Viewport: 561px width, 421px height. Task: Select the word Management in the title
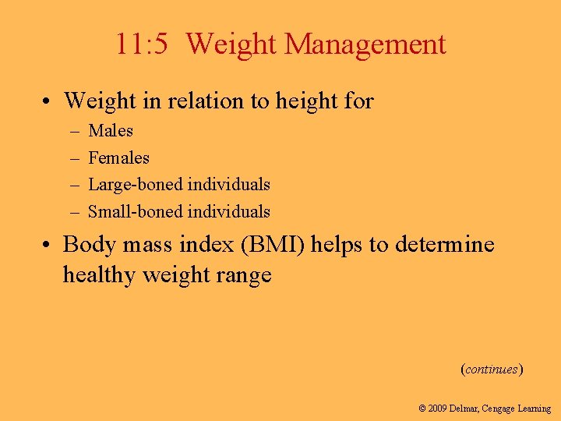point(365,44)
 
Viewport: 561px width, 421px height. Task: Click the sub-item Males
point(111,131)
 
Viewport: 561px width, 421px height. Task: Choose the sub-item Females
point(118,157)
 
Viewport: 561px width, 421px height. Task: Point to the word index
point(210,245)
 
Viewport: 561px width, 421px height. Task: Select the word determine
point(445,245)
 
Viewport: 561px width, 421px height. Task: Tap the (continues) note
point(492,369)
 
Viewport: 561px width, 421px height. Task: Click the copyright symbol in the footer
point(422,409)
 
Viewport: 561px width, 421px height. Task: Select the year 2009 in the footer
point(438,409)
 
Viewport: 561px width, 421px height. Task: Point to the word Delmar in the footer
point(466,409)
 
